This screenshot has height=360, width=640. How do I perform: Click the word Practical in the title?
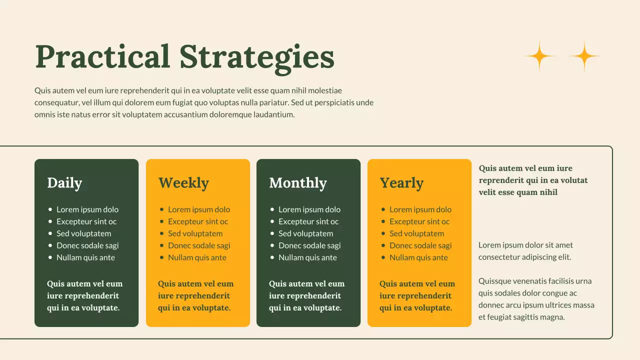(102, 56)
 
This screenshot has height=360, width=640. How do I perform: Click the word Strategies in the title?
(256, 56)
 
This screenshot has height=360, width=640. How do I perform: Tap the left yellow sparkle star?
(539, 56)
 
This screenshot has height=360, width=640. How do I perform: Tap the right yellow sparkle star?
(584, 56)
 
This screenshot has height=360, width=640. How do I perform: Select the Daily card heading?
(64, 183)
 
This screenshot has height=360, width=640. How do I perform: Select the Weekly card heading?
(183, 183)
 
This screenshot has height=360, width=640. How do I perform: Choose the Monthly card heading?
(297, 183)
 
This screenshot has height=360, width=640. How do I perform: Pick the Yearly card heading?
(401, 183)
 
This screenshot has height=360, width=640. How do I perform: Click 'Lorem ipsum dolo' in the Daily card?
(87, 209)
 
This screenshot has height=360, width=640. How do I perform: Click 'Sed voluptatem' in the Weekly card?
(195, 233)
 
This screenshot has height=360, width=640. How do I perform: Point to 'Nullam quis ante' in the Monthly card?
(307, 257)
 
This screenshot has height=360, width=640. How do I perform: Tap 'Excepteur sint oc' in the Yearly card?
(419, 221)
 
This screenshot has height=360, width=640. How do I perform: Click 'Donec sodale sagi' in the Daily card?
(87, 245)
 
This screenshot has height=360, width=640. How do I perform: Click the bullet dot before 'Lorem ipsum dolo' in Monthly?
(272, 209)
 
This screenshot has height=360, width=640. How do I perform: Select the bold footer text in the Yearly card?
(417, 295)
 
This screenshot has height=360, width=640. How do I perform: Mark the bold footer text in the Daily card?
(84, 295)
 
